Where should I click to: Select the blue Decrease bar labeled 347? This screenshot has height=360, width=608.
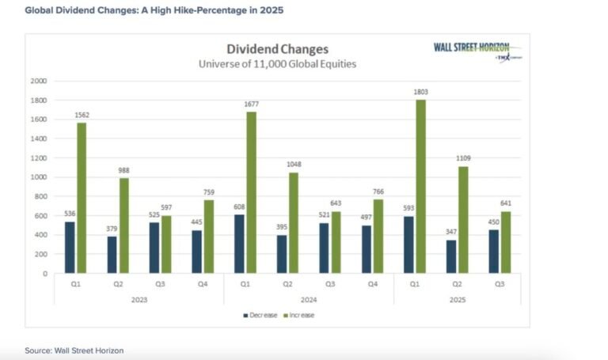point(451,256)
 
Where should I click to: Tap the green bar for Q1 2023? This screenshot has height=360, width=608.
point(82,198)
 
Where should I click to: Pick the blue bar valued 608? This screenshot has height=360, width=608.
point(238,244)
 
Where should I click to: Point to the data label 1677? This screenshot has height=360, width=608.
point(251,103)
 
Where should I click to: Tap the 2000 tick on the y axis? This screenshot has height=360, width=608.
point(38,81)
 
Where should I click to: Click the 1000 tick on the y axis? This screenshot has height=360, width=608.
point(38,177)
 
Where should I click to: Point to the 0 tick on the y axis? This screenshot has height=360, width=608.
point(44,274)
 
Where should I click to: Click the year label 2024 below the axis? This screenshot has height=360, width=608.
point(308,300)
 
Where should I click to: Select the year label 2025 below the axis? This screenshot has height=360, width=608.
point(457,300)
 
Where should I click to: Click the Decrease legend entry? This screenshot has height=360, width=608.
point(261,316)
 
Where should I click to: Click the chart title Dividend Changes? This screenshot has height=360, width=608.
point(276,49)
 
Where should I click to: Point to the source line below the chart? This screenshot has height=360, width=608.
point(74,350)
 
